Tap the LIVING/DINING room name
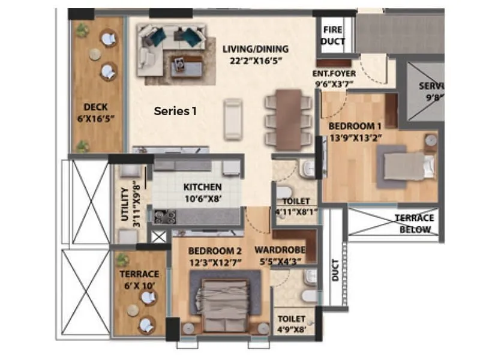coord(255,49)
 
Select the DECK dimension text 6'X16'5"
coord(95,118)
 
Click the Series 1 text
coord(175,110)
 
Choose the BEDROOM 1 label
coord(355,126)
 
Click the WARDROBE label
coord(280,250)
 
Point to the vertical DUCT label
coord(335,270)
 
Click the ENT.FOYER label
coord(334,74)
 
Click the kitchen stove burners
coord(164,216)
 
